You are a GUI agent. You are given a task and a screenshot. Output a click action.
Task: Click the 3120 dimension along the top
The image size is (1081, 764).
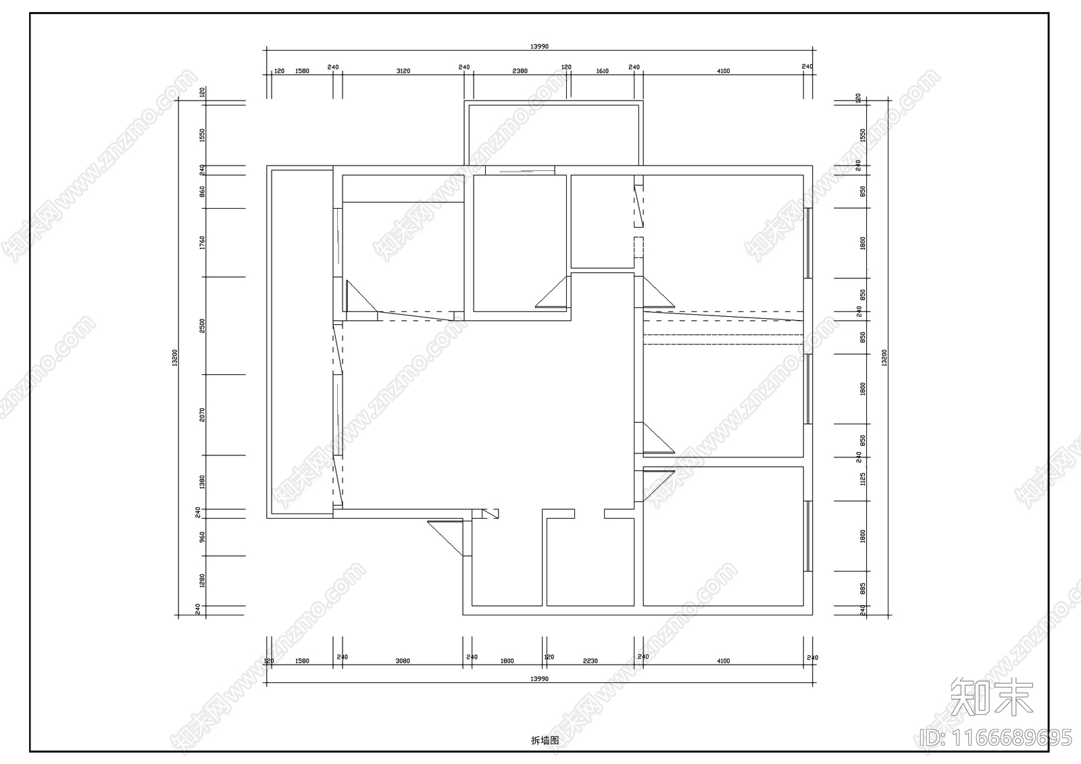403,71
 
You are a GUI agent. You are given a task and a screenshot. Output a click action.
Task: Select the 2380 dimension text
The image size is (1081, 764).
520,71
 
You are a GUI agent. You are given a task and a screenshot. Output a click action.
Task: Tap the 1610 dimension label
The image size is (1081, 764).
602,71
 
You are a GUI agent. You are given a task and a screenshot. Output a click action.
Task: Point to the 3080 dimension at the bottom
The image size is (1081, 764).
402,661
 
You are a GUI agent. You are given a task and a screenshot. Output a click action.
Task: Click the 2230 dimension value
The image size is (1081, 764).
590,661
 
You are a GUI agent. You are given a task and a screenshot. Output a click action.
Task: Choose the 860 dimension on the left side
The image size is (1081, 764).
202,191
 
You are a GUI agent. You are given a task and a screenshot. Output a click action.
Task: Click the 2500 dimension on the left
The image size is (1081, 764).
202,326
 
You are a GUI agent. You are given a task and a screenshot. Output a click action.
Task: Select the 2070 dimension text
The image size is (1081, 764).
202,414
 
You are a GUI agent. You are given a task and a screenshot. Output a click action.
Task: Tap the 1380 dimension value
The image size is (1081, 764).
202,482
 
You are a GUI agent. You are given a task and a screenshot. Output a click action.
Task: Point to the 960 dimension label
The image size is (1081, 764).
202,537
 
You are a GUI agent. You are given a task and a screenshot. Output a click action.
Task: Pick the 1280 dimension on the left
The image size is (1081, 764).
202,580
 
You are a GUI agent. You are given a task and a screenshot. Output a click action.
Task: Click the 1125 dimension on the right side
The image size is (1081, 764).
863,479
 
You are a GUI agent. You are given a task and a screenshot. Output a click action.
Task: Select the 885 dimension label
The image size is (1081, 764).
863,588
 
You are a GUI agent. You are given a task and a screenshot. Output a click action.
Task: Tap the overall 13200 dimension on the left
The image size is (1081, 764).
175,358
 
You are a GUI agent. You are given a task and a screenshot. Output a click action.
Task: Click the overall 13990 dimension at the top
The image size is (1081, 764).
539,47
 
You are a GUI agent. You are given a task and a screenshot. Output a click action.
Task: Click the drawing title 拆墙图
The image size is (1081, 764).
545,740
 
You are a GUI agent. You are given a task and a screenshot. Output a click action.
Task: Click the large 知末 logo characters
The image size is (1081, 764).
991,697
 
